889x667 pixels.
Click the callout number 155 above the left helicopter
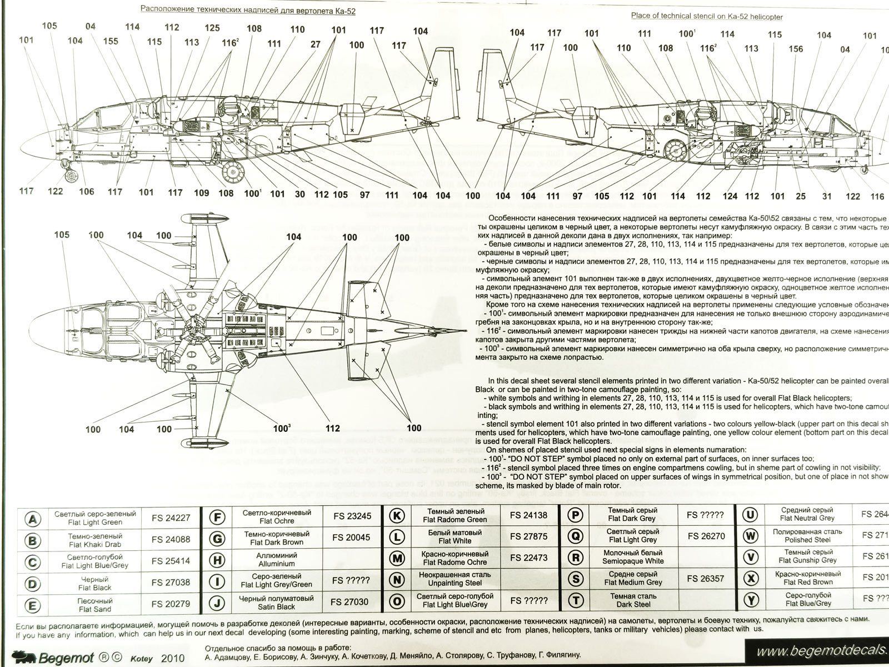tap(110, 40)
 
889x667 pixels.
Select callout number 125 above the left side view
tap(212, 28)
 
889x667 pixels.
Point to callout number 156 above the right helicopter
tap(796, 48)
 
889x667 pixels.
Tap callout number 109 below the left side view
tap(201, 192)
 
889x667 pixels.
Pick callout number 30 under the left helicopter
tap(300, 194)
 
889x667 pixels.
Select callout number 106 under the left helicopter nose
tap(86, 192)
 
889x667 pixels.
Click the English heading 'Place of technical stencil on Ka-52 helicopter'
tap(707, 16)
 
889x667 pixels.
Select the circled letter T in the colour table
tap(577, 600)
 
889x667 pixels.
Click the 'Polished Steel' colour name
tap(807, 540)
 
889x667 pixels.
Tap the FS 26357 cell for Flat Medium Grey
tap(705, 578)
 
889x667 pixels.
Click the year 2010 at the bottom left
tap(172, 658)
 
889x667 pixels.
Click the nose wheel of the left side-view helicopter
tap(71, 177)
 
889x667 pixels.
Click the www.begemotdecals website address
tap(822, 650)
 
